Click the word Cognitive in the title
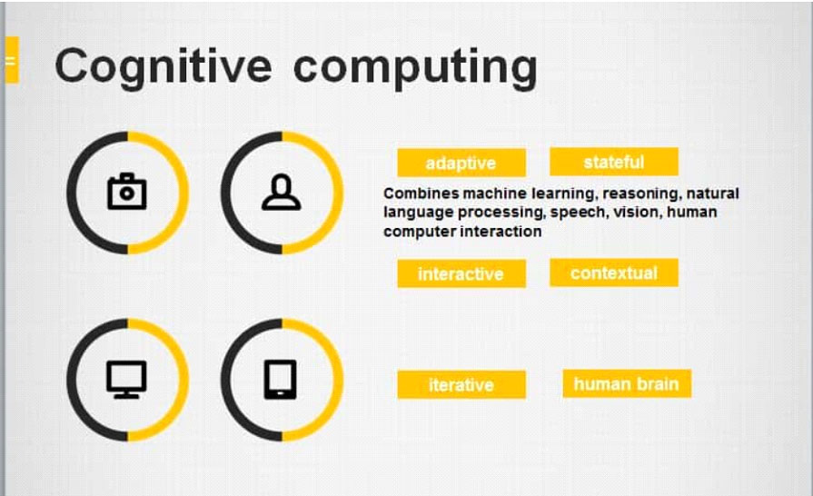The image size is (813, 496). click(x=163, y=67)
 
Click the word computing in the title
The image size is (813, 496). click(x=415, y=68)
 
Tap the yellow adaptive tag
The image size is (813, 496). click(x=461, y=163)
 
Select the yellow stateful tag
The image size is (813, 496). click(x=614, y=162)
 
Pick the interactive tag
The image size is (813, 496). click(x=461, y=273)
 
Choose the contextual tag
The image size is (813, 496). click(x=614, y=273)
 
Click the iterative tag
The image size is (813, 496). click(x=461, y=384)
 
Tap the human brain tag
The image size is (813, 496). click(x=627, y=383)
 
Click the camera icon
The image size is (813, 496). click(x=127, y=192)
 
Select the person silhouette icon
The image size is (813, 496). click(x=281, y=193)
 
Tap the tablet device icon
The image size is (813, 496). click(x=281, y=380)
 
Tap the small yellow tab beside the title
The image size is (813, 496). click(x=12, y=60)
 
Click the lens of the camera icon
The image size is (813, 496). click(x=126, y=193)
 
